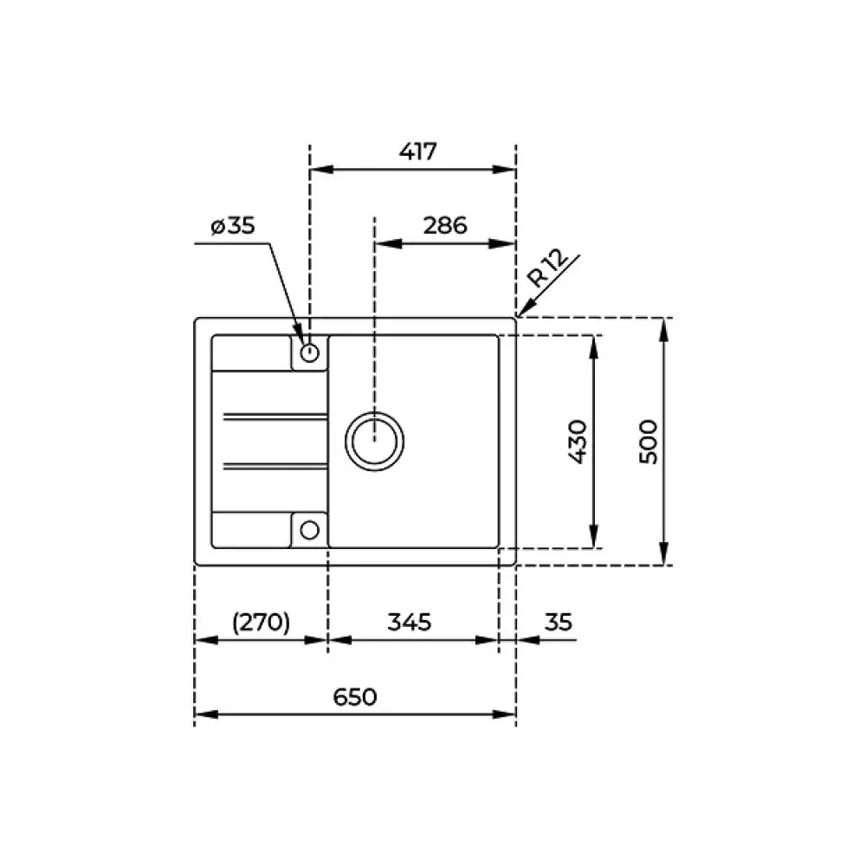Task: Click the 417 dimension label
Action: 418,151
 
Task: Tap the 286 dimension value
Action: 445,225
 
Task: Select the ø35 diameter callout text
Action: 232,225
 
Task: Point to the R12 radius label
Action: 547,268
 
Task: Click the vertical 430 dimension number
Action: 578,442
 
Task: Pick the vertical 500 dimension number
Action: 649,442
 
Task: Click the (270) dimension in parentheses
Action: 261,622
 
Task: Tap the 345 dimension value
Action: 410,622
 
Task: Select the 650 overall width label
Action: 354,697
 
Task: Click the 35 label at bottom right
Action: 558,622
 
